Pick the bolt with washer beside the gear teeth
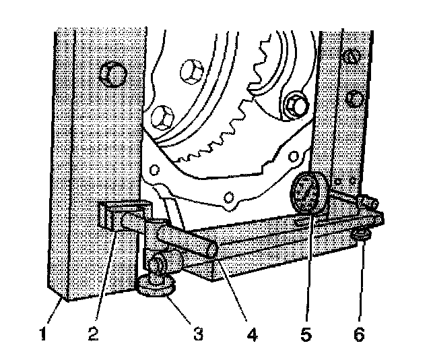coord(294,105)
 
